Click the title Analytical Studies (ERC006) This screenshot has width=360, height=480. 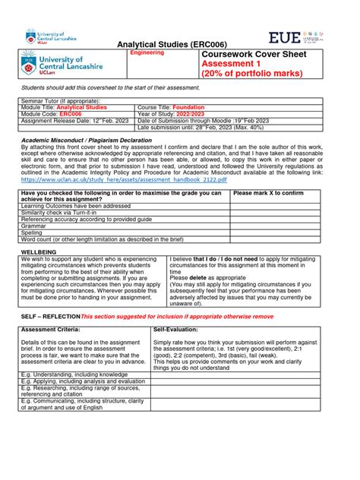[x=180, y=44]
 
